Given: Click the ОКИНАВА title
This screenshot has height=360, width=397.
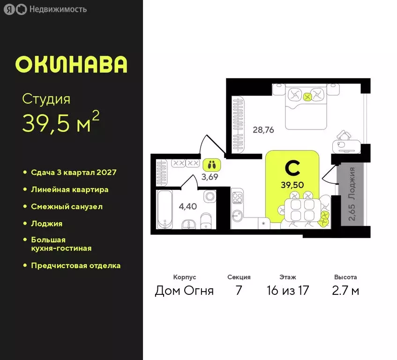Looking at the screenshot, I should [x=71, y=65].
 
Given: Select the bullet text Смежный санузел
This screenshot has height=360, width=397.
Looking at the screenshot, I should [x=67, y=207].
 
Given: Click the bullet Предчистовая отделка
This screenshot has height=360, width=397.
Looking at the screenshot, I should [x=75, y=266].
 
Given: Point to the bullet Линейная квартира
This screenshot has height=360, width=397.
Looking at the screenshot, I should [x=69, y=190].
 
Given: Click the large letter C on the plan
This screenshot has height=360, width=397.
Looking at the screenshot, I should [x=292, y=168].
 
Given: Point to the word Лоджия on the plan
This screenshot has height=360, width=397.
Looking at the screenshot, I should [x=352, y=184].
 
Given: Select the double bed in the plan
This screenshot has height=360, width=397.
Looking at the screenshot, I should [x=306, y=106].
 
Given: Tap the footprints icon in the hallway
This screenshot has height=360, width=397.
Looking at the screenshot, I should [x=212, y=165].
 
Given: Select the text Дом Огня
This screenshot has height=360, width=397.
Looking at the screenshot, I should [x=184, y=291].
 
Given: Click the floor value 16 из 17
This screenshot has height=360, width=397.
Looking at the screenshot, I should [x=286, y=291].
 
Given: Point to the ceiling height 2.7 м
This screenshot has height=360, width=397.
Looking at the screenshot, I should [x=345, y=291].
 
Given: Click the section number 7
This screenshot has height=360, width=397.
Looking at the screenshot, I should [x=239, y=291].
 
